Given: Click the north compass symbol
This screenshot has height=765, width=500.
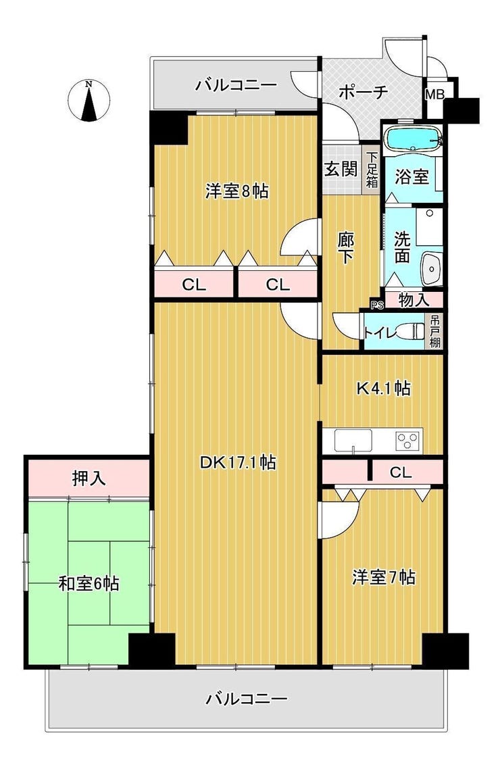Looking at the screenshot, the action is pos(89,101).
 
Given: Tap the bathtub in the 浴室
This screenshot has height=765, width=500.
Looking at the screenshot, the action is pos(413,139).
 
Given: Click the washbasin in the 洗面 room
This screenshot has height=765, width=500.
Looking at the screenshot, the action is pos(431,268).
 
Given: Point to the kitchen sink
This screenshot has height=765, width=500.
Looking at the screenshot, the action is pos(353,441).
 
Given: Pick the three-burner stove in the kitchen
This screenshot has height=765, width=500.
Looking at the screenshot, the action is pos(409,441).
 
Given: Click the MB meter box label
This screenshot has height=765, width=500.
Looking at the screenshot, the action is pos(434,95).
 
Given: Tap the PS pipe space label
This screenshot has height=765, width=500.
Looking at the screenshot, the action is pos(377,305).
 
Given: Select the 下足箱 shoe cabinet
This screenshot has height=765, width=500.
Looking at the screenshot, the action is pos(372,170).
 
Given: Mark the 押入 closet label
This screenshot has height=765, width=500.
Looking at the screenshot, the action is pos(89,478).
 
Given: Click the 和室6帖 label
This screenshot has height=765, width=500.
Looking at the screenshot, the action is pos(89,583).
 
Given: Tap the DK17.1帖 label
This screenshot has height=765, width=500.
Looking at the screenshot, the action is pos(238,462).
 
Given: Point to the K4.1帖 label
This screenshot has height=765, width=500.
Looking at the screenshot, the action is pos(383,389).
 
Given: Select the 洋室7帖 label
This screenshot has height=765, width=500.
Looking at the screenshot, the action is pos(383,577).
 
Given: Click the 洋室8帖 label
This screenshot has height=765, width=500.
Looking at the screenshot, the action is pos(236,191).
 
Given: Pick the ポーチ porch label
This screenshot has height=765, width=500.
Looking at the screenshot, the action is pos(363,92).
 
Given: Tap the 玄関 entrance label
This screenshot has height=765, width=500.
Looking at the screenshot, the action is pos(341,169).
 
